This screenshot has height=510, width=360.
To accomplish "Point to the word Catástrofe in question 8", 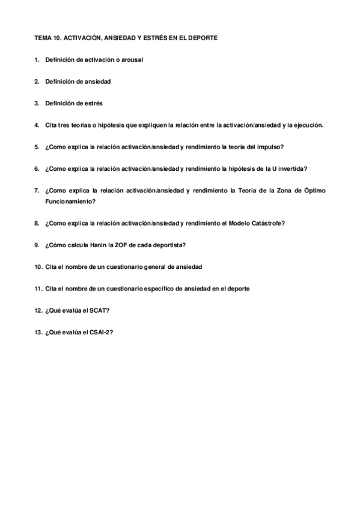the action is [x=266, y=223].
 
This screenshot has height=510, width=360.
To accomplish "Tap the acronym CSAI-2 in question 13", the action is [x=100, y=331].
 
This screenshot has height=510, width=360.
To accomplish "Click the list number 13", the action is [x=37, y=331].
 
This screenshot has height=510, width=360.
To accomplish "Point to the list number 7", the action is [x=37, y=191].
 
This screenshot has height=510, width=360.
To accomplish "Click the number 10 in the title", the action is [x=56, y=38].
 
